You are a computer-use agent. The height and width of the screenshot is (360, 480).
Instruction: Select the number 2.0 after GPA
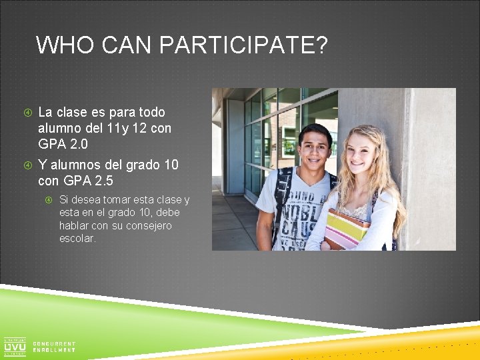coord(78,144)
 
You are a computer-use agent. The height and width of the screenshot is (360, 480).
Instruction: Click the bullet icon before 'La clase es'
coord(28,113)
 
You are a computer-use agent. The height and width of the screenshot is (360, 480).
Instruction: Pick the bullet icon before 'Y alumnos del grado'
coord(28,165)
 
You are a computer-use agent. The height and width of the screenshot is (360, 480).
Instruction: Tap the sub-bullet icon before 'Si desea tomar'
coord(49,199)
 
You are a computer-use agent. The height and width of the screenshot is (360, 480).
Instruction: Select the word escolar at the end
coord(77,238)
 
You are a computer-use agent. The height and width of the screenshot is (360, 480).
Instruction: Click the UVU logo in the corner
coord(15,347)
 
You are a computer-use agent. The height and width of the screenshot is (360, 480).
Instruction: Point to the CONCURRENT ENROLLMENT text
coord(53,347)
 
